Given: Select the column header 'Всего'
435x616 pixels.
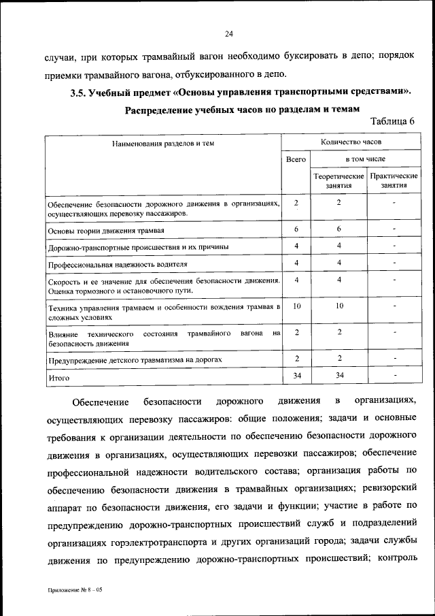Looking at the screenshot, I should tap(296, 159).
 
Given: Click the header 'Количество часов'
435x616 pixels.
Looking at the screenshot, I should tap(351, 142).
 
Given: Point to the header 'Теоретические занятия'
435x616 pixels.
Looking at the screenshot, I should tap(338, 180).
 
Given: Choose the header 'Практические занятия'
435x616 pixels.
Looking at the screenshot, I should tap(394, 180).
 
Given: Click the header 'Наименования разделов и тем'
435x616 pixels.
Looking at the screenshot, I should tap(164, 143).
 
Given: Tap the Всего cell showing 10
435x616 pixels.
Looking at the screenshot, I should tap(296, 307).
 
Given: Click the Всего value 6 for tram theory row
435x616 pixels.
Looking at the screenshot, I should tap(296, 229).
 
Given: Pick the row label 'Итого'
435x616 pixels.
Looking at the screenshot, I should tap(59, 376).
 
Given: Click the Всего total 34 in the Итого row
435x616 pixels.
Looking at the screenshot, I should tap(296, 374).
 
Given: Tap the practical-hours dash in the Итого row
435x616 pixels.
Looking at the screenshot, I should tap(394, 374).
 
